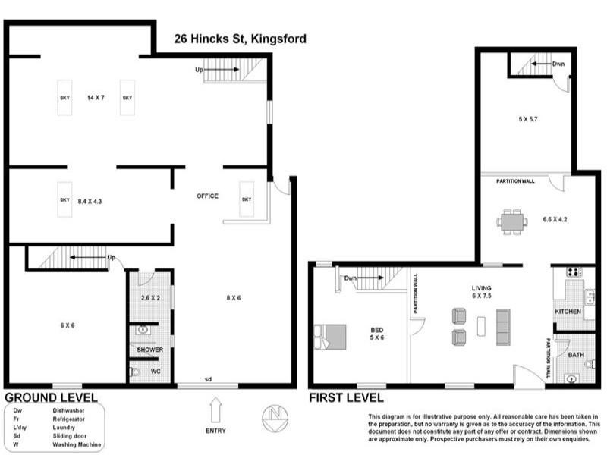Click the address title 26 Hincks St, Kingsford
(x=240, y=39)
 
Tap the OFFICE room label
(x=207, y=196)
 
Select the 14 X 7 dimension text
(x=96, y=98)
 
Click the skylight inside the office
(x=247, y=199)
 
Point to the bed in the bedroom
(x=330, y=337)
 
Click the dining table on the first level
(x=512, y=221)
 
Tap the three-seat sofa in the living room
(x=503, y=327)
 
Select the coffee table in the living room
(x=482, y=326)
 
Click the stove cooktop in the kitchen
(x=575, y=272)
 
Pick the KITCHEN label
(x=568, y=312)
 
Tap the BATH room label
(x=576, y=355)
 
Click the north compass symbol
(x=275, y=419)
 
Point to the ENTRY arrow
(x=215, y=410)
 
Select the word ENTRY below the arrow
(x=215, y=431)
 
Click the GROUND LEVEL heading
(x=51, y=397)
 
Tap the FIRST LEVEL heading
(x=346, y=397)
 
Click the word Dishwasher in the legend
(x=68, y=410)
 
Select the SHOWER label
(x=149, y=350)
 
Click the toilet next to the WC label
(x=134, y=372)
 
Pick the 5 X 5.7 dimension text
(x=528, y=119)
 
